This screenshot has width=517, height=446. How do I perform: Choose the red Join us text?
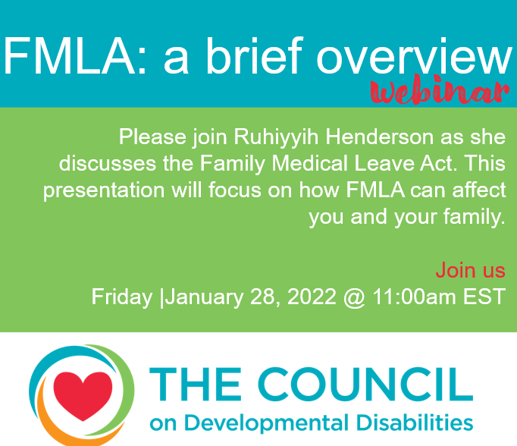point(470,270)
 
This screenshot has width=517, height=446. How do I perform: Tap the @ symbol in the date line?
point(353,297)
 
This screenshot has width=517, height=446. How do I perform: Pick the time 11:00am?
point(413,297)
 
